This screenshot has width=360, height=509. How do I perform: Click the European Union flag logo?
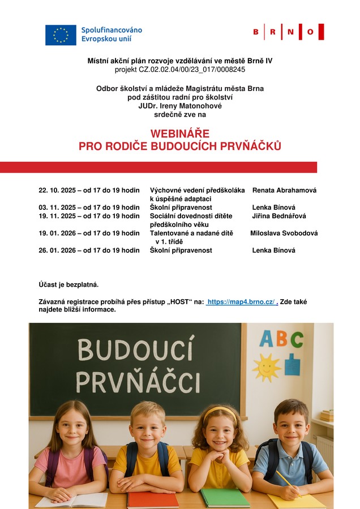[61, 35]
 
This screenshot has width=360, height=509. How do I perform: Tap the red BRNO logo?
[288, 32]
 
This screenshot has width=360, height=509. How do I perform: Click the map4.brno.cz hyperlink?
[242, 302]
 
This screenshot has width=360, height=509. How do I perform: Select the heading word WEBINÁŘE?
[179, 133]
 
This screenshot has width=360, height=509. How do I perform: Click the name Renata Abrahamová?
[284, 191]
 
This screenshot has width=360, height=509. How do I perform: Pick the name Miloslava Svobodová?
[284, 233]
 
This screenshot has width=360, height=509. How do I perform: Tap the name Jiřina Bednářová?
[280, 216]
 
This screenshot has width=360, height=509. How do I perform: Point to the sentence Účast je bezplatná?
[65, 284]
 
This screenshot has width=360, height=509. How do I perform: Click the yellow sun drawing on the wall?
[267, 367]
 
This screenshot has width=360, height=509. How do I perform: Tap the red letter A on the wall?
[266, 339]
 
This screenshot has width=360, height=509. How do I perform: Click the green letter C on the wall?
[297, 339]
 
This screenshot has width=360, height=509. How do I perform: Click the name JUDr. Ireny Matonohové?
[180, 106]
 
